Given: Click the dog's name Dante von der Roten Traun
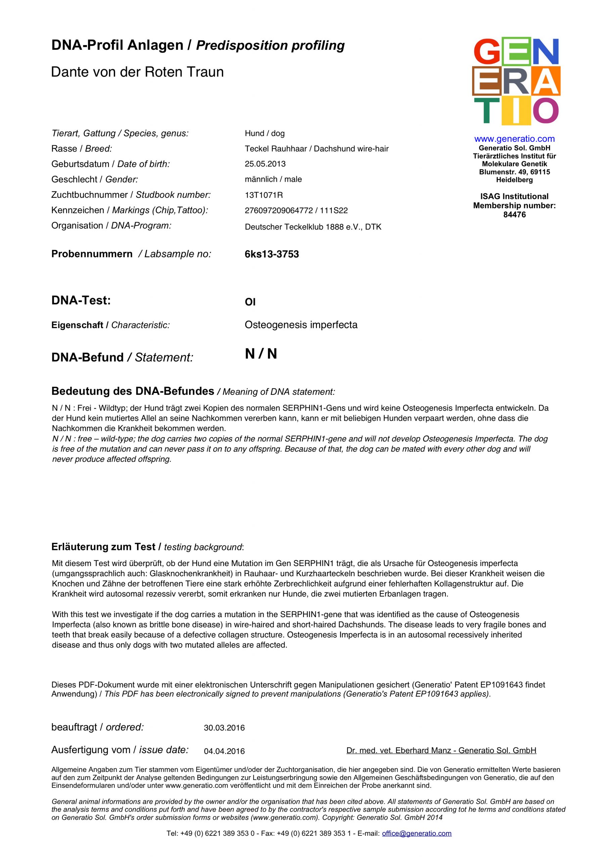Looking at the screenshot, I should (137, 72).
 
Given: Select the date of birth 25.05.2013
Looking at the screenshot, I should (265, 164).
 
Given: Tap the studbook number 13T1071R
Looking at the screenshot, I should (264, 195).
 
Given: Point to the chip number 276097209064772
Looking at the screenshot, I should (278, 211).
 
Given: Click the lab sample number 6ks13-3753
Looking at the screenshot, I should (272, 254).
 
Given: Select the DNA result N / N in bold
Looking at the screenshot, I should (261, 354).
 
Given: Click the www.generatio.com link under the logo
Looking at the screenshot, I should (514, 139).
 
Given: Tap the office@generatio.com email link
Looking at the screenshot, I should (417, 833).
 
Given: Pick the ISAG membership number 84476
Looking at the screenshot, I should (514, 215).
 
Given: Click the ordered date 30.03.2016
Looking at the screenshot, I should (224, 728).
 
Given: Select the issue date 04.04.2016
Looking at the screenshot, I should (224, 751).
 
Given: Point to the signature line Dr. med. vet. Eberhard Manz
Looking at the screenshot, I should (441, 750).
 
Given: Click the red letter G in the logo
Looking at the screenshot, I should (486, 51).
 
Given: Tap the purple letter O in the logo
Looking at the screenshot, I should (546, 111).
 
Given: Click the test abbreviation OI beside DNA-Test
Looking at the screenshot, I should (250, 302).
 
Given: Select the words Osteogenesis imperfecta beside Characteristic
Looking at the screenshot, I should (301, 325).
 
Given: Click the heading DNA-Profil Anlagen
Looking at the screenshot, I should (117, 45).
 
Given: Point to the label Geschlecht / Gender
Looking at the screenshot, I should (95, 179).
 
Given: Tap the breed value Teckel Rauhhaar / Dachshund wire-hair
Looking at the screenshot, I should (317, 149).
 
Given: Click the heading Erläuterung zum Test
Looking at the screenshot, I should (104, 547).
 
